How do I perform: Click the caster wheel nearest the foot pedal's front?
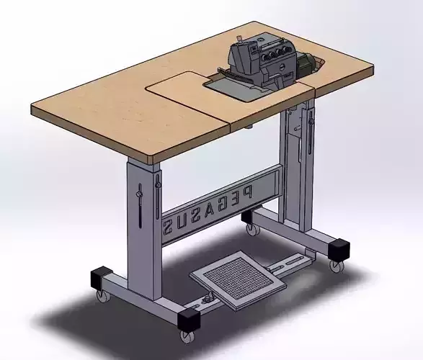tap(187, 336)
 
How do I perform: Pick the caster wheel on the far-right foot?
tap(336, 265)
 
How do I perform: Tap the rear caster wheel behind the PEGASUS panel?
tap(251, 230)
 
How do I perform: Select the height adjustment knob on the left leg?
tap(139, 194)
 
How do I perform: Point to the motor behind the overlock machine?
tap(306, 66)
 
